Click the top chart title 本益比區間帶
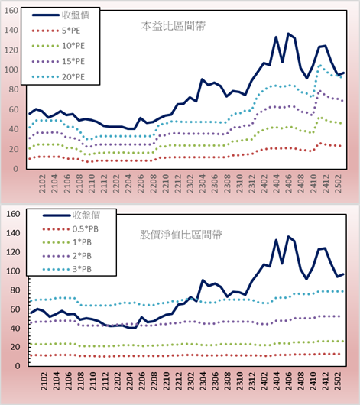click(x=174, y=26)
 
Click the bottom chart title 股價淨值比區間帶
click(x=180, y=235)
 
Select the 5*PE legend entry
click(x=71, y=31)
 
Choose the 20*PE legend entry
click(x=73, y=77)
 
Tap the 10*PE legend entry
click(x=73, y=46)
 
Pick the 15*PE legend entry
click(x=73, y=61)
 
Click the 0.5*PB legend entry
click(x=86, y=229)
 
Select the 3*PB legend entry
click(x=82, y=269)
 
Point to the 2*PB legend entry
click(x=82, y=256)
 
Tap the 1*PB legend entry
click(x=82, y=242)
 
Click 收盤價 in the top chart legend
click(x=76, y=15)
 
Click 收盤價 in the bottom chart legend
click(x=86, y=215)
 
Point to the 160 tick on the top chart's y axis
click(x=11, y=11)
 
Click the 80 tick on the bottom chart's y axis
click(x=15, y=290)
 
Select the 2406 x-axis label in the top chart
click(x=289, y=183)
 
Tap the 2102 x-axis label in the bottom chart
click(x=44, y=381)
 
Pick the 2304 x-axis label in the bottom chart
click(x=203, y=381)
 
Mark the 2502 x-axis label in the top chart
click(x=338, y=183)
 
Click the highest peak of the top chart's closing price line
click(x=288, y=34)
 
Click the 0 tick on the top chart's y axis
click(x=15, y=169)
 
